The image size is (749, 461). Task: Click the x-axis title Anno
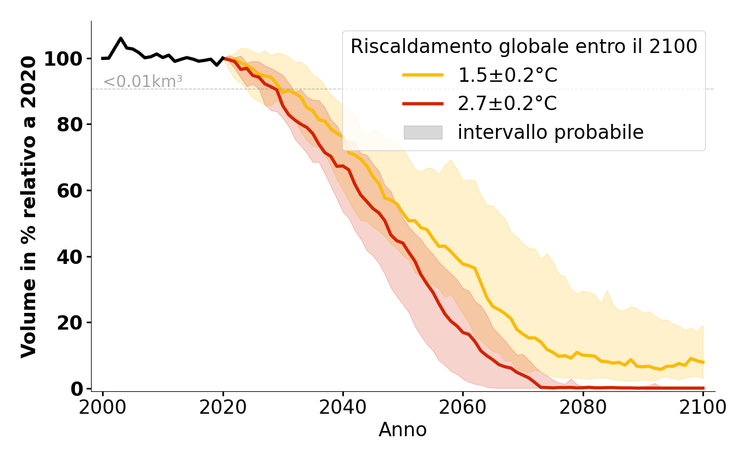point(403,430)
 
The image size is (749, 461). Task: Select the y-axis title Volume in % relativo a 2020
point(29,206)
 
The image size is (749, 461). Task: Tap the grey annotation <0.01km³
point(143,82)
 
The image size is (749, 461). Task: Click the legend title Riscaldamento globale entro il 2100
point(524,46)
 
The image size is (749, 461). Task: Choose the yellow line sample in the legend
point(423,75)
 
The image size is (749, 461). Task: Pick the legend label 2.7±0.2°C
point(507,104)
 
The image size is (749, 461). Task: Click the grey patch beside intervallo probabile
point(423,133)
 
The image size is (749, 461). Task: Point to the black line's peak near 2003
point(120,39)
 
